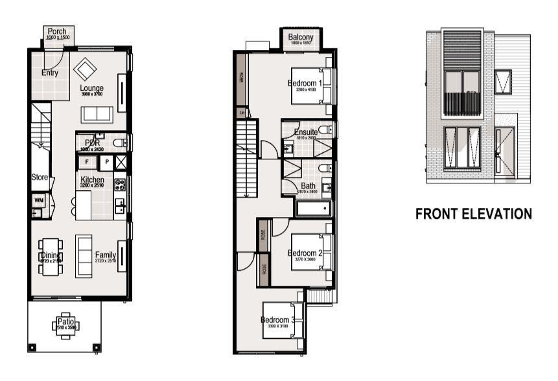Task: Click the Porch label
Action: (58, 32)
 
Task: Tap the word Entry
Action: (50, 73)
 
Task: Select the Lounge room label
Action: (93, 88)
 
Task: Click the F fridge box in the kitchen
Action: (86, 161)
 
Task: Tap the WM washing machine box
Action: (38, 201)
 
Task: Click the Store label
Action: (40, 177)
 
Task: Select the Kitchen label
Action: (93, 180)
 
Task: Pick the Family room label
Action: (106, 255)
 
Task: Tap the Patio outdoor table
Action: (65, 324)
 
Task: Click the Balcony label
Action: (301, 38)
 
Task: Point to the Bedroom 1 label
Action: (305, 84)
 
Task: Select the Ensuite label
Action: (306, 132)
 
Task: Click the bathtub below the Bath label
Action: (314, 209)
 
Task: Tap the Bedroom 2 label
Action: (305, 253)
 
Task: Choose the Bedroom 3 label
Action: (279, 320)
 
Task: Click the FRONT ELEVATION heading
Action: (474, 213)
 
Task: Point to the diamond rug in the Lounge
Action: (86, 69)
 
